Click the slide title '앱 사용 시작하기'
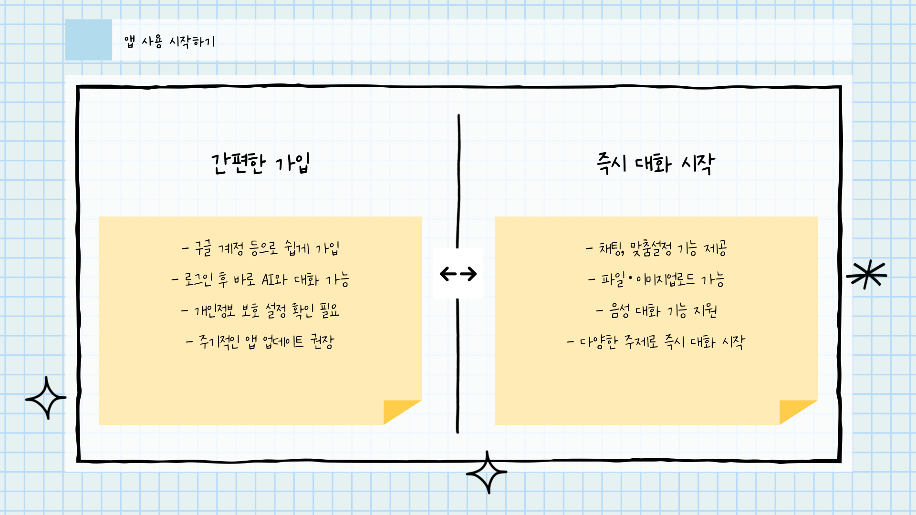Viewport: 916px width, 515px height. [169, 41]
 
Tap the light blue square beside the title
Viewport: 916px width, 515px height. [89, 40]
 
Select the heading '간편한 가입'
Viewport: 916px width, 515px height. [260, 164]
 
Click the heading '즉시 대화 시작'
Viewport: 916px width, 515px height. [656, 164]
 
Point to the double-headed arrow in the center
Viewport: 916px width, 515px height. [458, 274]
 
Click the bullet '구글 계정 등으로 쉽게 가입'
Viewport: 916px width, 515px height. [260, 248]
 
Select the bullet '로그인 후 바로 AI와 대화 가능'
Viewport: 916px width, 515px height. [260, 279]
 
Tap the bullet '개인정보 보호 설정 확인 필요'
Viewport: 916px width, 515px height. [260, 311]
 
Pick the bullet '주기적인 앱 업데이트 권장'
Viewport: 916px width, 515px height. [260, 341]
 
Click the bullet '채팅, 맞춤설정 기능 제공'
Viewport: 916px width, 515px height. [656, 248]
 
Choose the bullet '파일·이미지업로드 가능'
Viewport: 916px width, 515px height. [656, 279]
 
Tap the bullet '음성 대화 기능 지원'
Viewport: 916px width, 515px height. [656, 311]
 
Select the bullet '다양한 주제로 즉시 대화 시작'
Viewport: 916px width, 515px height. [656, 341]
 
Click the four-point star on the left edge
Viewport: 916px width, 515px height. [46, 398]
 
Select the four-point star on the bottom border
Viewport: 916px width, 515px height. [487, 473]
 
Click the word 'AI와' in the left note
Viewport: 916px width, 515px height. [274, 279]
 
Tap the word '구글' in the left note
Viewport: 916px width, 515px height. [203, 248]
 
